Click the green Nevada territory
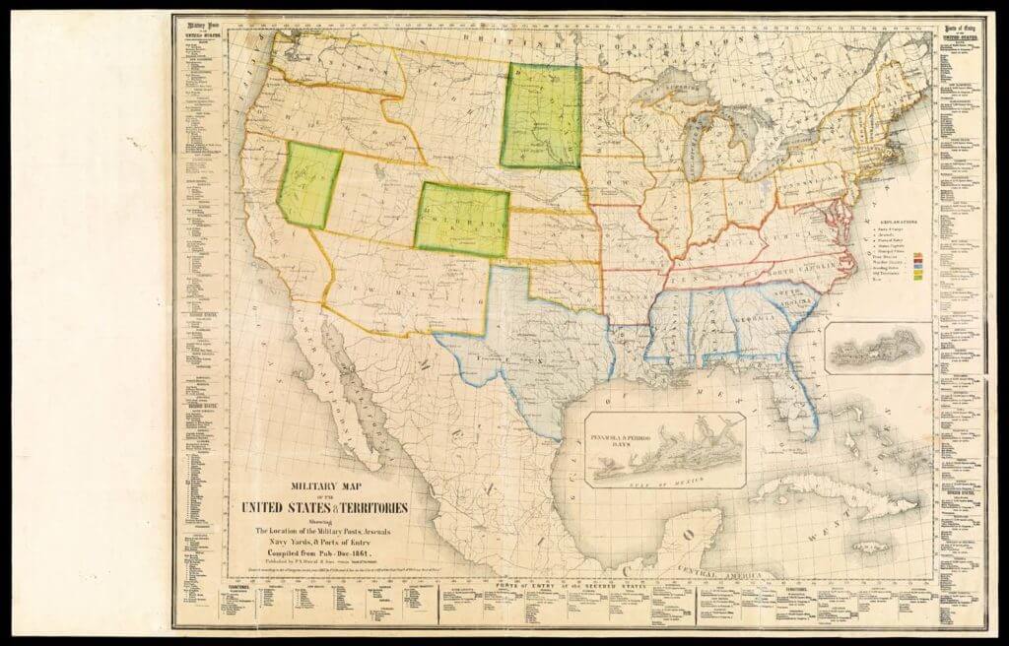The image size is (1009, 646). [309, 185]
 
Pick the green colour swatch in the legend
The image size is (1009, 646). [918, 280]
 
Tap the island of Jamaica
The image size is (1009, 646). [845, 541]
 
